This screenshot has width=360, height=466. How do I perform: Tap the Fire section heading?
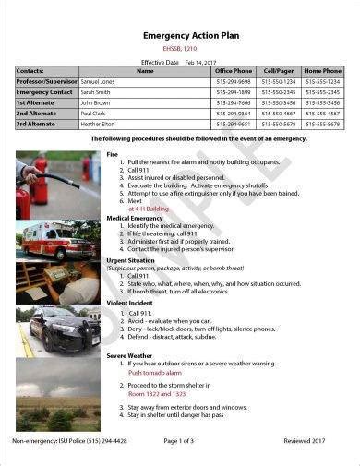point(113,153)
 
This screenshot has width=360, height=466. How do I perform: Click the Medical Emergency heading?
point(133,218)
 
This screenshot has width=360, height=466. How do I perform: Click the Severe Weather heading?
point(128,355)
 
